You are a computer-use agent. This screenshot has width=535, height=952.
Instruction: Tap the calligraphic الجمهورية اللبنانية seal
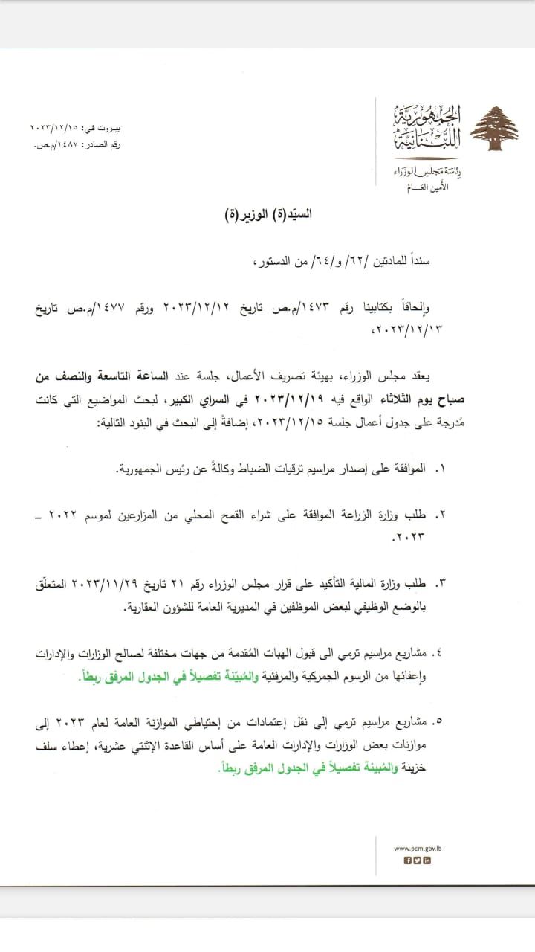pyautogui.click(x=427, y=129)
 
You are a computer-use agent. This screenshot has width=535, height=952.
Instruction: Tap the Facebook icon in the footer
pyautogui.click(x=408, y=861)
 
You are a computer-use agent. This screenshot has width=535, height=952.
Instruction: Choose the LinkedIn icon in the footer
pyautogui.click(x=427, y=861)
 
